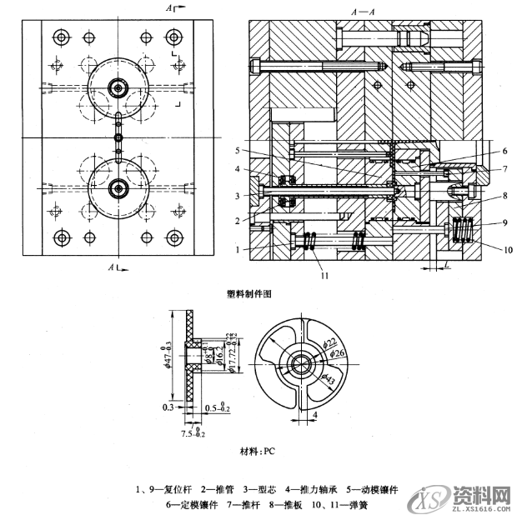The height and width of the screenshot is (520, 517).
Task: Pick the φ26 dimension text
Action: (337, 353)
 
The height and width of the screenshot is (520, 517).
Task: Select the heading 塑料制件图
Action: (249, 293)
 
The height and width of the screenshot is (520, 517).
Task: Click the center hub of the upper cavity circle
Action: (118, 87)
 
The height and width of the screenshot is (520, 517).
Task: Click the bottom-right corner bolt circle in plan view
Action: (173, 238)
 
